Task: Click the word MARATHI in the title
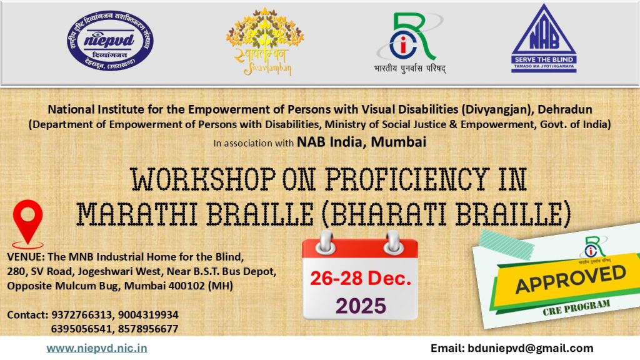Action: point(134,214)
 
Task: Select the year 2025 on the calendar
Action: point(361,306)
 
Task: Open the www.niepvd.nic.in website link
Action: point(97,349)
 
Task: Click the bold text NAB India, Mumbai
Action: point(361,142)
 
